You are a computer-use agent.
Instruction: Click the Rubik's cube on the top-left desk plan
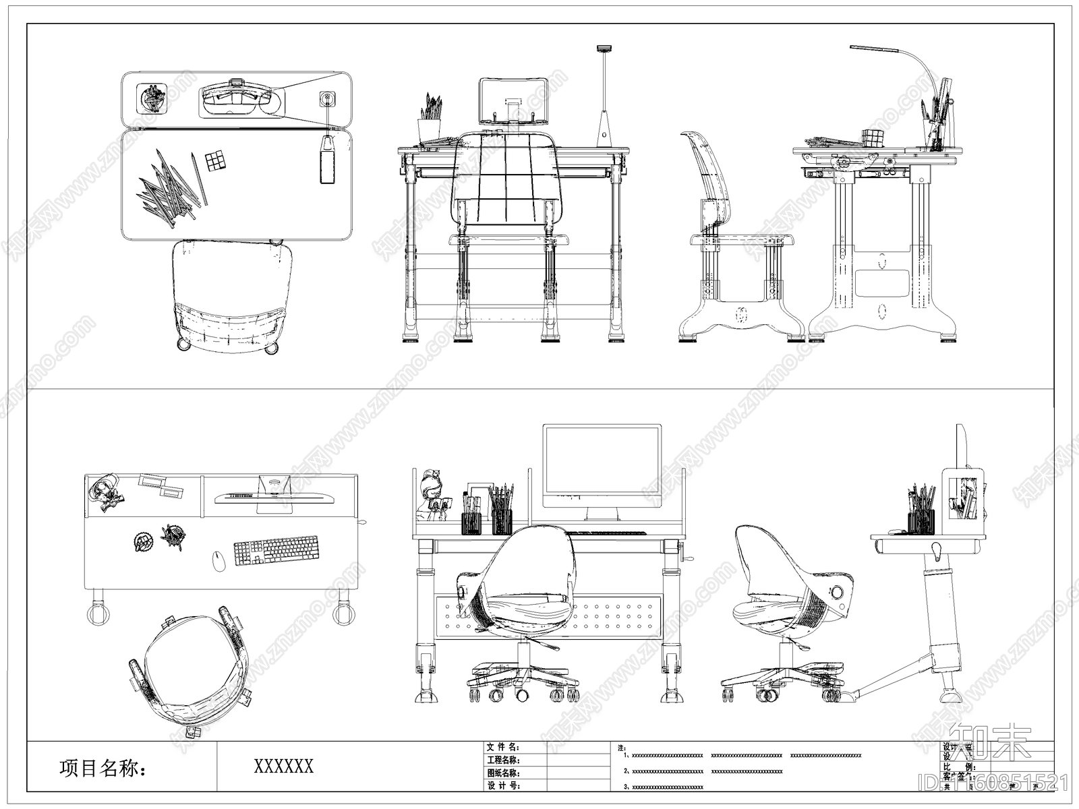(x=215, y=162)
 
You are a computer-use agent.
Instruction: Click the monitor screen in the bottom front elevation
(x=602, y=461)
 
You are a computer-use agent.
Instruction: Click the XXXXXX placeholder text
(x=283, y=767)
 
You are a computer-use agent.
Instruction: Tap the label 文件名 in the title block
(x=502, y=747)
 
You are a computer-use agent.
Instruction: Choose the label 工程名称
(x=502, y=760)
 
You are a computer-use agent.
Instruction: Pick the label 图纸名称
(x=502, y=773)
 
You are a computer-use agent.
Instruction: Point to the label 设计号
(x=502, y=786)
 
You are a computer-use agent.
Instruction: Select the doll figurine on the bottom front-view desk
(x=432, y=495)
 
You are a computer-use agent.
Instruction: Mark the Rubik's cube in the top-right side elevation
(x=873, y=137)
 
